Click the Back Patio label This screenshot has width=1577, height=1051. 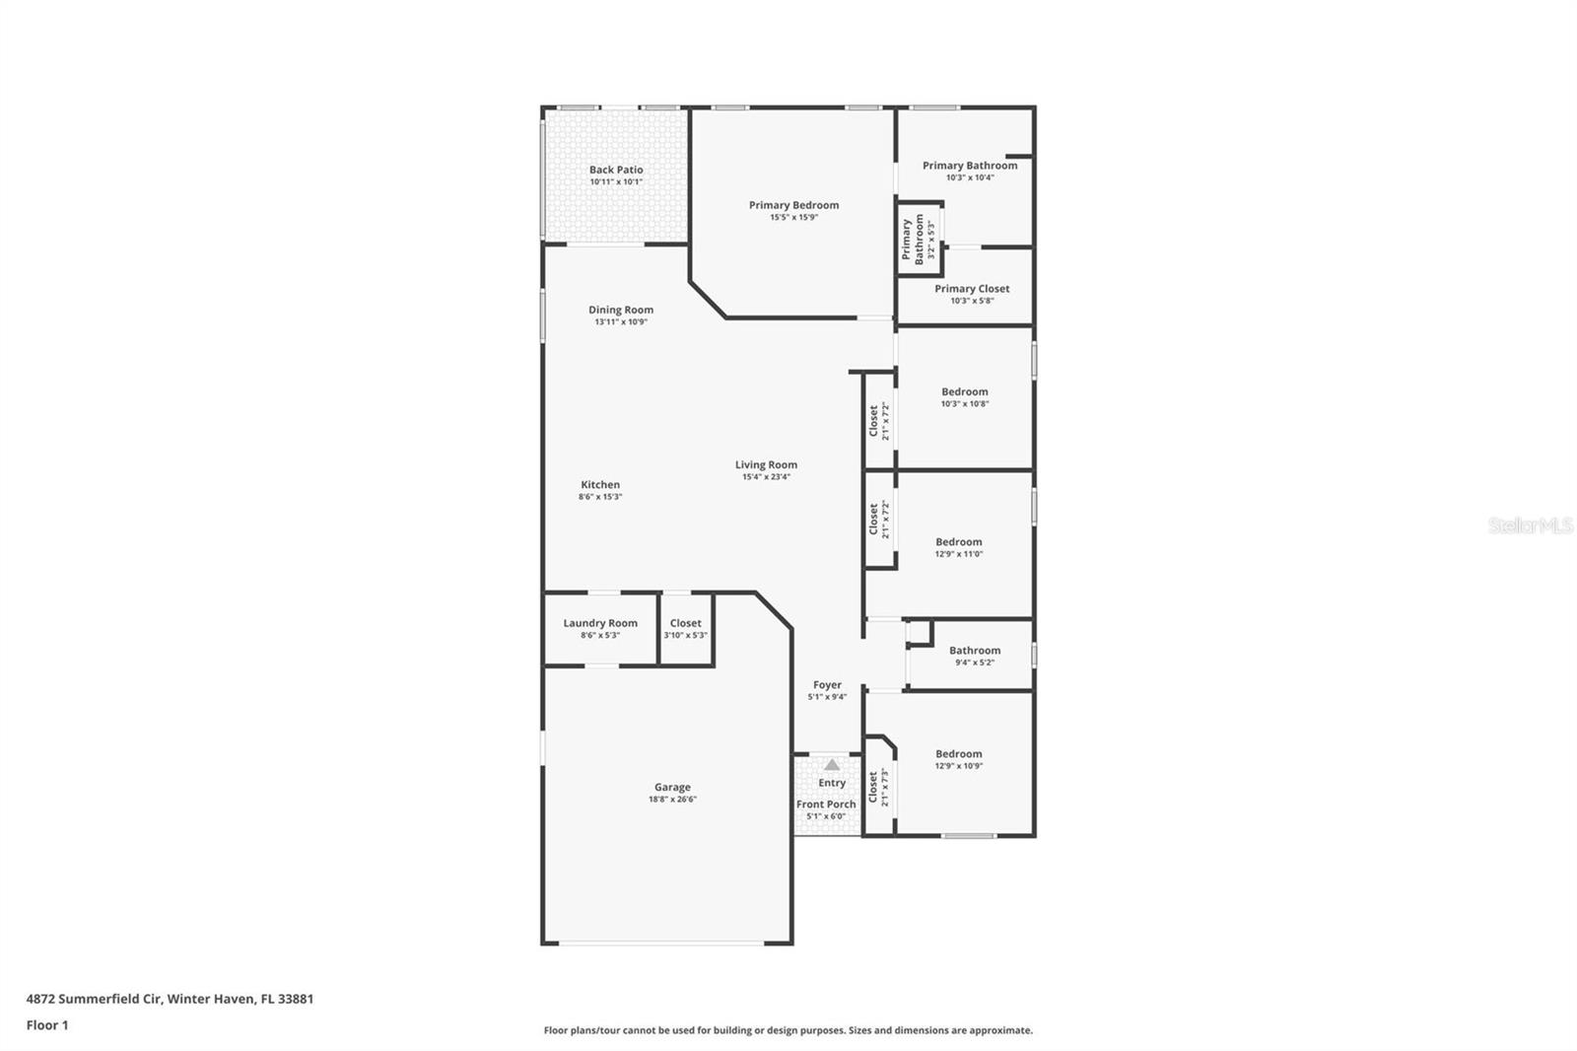click(x=616, y=170)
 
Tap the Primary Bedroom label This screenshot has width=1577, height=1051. click(x=793, y=205)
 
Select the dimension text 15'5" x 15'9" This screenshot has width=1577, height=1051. click(x=793, y=218)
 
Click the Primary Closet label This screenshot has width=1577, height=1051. click(x=972, y=289)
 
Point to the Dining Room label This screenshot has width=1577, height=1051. click(x=621, y=310)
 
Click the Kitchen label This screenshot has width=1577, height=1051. click(x=600, y=484)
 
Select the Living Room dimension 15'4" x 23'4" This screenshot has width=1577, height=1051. click(x=766, y=477)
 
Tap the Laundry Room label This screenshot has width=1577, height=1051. click(x=600, y=623)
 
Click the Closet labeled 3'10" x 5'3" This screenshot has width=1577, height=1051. click(x=686, y=623)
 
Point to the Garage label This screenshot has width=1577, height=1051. click(x=672, y=787)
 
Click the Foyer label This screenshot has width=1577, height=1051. click(x=827, y=685)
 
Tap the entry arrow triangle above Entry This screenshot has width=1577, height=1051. click(x=832, y=764)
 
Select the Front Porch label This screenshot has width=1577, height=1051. click(x=826, y=805)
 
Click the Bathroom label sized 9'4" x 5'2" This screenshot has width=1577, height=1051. click(x=975, y=651)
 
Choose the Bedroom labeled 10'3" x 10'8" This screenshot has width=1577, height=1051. click(x=964, y=391)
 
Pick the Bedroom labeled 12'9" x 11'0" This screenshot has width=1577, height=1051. click(x=959, y=542)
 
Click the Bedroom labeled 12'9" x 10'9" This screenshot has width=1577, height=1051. click(x=959, y=754)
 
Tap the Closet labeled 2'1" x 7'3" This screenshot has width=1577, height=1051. click(x=873, y=787)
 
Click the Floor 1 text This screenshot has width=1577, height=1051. click(x=47, y=1025)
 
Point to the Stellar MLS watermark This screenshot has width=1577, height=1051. click(x=1530, y=526)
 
